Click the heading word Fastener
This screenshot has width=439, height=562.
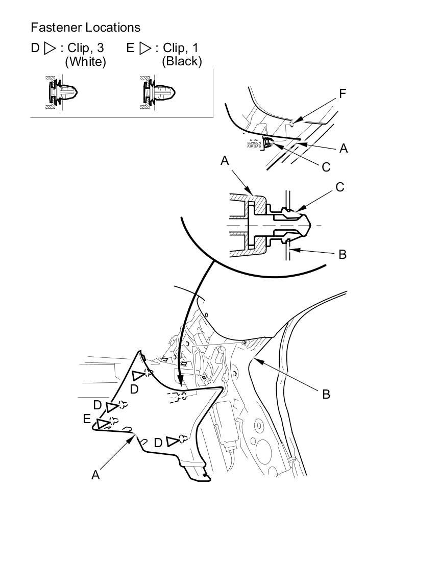[55, 27]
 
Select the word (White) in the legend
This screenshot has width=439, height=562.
[85, 62]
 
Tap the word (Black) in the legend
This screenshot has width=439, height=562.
[182, 62]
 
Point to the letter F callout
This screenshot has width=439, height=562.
[343, 94]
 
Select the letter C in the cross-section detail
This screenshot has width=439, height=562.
[340, 187]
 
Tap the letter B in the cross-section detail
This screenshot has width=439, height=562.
[343, 254]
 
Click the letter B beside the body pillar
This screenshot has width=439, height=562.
[326, 394]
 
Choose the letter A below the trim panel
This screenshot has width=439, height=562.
[95, 475]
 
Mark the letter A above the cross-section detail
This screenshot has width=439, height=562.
[225, 161]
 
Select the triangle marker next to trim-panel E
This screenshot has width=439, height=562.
[103, 424]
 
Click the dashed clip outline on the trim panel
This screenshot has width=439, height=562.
[177, 398]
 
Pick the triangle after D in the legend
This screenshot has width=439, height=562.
[50, 48]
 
